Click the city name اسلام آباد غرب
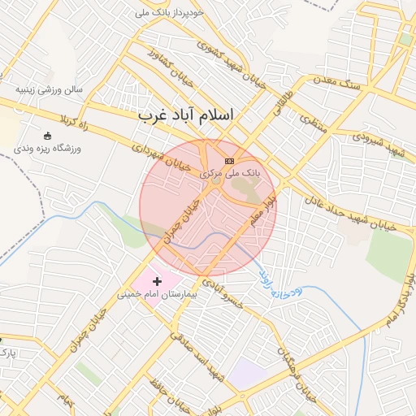pyautogui.click(x=185, y=115)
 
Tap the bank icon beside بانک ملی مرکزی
pyautogui.click(x=229, y=161)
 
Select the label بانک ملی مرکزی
pyautogui.click(x=231, y=173)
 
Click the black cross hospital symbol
pyautogui.click(x=157, y=280)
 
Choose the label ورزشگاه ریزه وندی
pyautogui.click(x=48, y=149)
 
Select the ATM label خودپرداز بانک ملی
pyautogui.click(x=169, y=14)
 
